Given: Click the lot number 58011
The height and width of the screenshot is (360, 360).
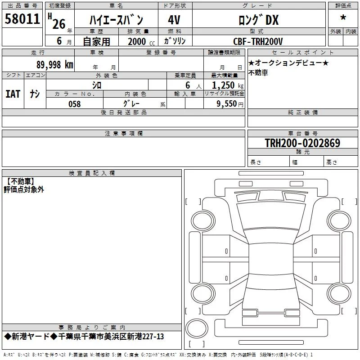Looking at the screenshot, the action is pos(22,19).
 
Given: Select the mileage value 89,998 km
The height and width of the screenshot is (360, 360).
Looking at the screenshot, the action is pos(55,65).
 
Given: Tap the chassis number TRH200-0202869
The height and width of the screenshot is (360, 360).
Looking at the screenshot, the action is pos(302,143).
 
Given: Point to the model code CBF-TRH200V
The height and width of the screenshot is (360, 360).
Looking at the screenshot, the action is pos(258,41).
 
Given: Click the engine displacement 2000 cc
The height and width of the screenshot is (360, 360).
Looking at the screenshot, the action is pos(141,42).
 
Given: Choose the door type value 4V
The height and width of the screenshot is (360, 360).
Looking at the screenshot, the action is pos(174,20).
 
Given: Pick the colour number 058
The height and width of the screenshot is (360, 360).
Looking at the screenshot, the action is pos(75,104).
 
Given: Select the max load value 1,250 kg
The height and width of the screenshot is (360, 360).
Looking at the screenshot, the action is pos(228,85).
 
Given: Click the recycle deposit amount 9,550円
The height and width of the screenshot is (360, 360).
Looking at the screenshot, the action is pos(230,104).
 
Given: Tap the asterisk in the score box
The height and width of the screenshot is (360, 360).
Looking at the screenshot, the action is pos(343,18).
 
